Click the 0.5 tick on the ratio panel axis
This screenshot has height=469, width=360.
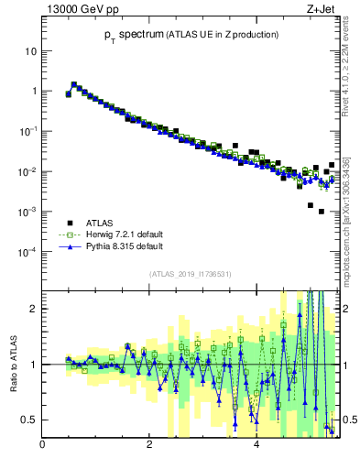click(x=28, y=420)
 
